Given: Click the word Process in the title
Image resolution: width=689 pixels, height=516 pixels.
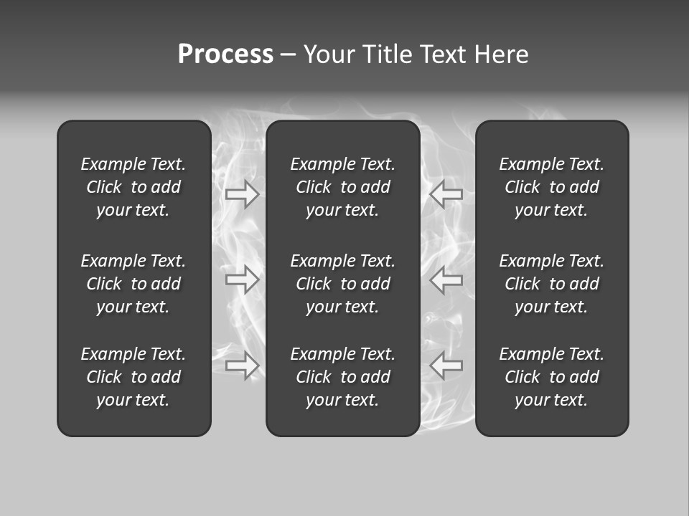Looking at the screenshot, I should (225, 54).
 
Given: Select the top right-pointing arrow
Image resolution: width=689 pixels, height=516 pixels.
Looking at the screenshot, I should (243, 193).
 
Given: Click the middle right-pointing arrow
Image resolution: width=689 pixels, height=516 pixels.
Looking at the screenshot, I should (243, 279).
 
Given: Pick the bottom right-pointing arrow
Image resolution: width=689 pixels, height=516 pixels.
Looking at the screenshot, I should (243, 365).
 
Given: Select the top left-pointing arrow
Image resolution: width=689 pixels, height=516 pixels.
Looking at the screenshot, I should (446, 193).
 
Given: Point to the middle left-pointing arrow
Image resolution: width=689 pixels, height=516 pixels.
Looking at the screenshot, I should (446, 279).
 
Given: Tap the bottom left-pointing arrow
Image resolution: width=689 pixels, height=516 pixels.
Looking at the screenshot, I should (446, 365).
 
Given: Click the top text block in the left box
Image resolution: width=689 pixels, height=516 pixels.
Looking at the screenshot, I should (133, 187).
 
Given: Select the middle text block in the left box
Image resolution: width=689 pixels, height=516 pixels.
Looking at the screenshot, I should (133, 284).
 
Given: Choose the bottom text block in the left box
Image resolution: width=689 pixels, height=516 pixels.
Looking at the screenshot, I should (133, 377).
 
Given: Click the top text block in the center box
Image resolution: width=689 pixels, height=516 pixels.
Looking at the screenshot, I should (343, 187).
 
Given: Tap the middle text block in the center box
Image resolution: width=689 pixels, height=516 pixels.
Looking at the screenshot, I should (343, 284).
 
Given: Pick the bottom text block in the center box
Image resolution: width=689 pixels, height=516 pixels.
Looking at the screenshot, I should (343, 377).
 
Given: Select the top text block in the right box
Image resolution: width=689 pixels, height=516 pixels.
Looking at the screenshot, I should (552, 187).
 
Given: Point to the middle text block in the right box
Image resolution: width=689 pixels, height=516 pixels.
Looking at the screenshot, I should (552, 284).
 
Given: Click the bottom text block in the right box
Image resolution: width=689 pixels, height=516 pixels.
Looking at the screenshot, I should (552, 377).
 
